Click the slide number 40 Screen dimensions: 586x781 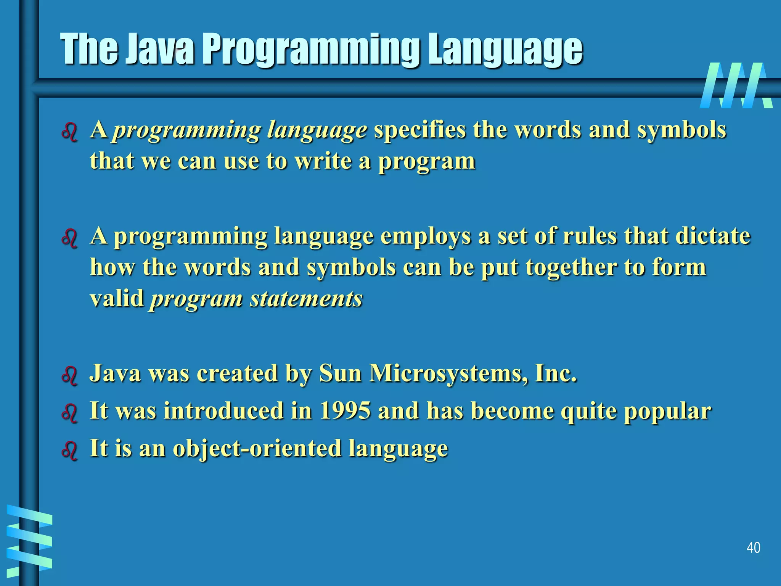[x=753, y=547]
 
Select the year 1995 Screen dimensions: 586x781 [x=345, y=411]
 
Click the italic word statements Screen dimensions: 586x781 [x=306, y=299]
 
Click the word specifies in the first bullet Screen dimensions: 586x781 [x=419, y=130]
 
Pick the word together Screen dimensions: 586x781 [x=571, y=267]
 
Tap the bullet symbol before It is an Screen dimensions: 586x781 [x=69, y=451]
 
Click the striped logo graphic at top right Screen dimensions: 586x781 [x=736, y=85]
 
